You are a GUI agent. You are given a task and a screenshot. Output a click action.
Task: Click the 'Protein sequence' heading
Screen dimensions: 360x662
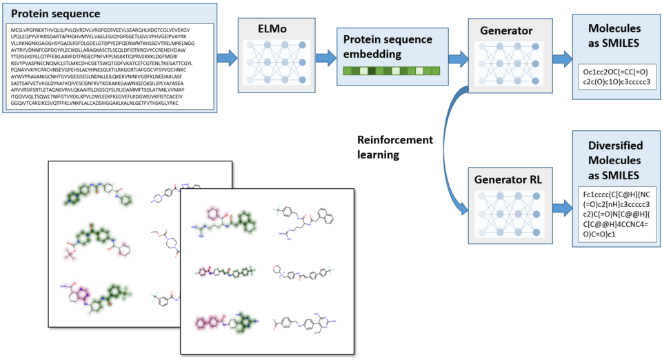tap(56, 14)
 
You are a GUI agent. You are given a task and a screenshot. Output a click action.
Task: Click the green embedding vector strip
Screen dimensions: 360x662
tap(383, 71)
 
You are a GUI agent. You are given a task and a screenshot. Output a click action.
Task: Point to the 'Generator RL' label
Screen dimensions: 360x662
tap(510, 179)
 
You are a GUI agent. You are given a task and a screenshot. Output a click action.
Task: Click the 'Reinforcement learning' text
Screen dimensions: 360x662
tap(394, 147)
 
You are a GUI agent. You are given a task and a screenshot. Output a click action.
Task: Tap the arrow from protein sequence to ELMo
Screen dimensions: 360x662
tap(227, 57)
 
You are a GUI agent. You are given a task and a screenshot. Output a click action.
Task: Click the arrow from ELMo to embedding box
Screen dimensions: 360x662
tap(325, 57)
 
